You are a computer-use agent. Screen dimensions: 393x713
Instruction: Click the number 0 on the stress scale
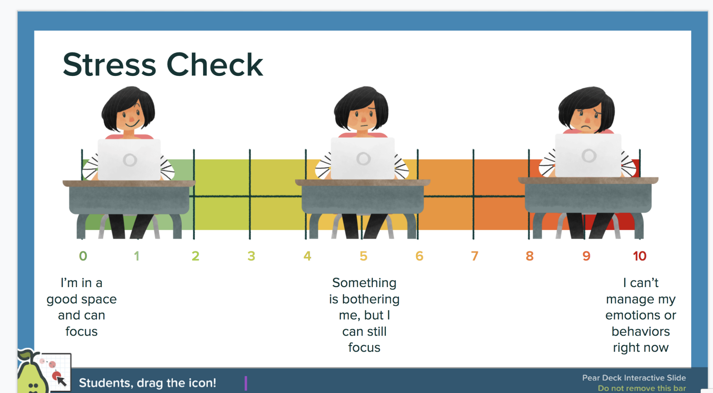83,256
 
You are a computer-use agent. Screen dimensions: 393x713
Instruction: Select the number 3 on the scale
251,256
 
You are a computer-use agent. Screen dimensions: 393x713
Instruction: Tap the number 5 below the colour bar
363,256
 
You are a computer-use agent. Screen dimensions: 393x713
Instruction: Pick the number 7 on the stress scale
475,256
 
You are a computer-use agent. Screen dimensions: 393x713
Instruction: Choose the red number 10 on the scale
640,256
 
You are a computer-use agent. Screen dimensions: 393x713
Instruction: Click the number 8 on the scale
530,256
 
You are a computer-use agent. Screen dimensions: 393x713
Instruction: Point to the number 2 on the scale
195,256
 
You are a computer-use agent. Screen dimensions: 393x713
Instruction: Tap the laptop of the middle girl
363,159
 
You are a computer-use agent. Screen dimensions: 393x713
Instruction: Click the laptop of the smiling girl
129,160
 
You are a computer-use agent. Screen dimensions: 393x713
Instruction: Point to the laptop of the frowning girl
588,155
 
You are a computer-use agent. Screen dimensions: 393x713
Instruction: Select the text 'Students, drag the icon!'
147,383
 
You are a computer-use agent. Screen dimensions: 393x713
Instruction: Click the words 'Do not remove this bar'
642,388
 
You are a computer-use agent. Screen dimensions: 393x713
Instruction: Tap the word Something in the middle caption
364,283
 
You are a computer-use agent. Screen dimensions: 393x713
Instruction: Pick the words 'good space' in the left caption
81,299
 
